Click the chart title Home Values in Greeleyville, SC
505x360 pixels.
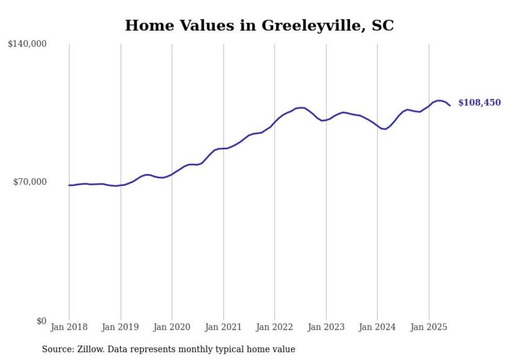tap(259, 25)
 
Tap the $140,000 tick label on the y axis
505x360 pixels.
tap(27, 44)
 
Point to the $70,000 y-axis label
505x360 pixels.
tap(29, 182)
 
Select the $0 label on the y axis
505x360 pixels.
tap(41, 321)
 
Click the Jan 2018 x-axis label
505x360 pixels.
tap(69, 327)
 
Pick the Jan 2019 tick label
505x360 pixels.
tap(121, 327)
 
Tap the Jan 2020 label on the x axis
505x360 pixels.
tap(172, 327)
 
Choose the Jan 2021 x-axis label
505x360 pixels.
tap(223, 327)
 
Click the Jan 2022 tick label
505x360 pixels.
tap(275, 327)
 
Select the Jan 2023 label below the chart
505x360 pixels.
tap(326, 327)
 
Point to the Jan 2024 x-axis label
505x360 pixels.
tap(377, 327)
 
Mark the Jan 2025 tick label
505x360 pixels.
tap(429, 327)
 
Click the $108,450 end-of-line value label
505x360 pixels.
tap(479, 103)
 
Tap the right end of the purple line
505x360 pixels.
tap(450, 106)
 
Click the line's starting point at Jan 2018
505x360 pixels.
tap(70, 185)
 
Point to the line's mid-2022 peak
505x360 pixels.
tap(302, 108)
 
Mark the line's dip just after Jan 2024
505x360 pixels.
tap(384, 129)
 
